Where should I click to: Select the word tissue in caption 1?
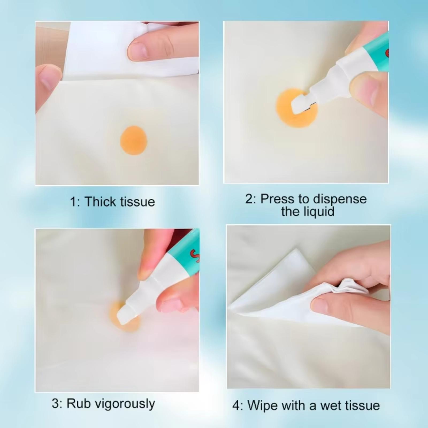pos(137,202)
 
